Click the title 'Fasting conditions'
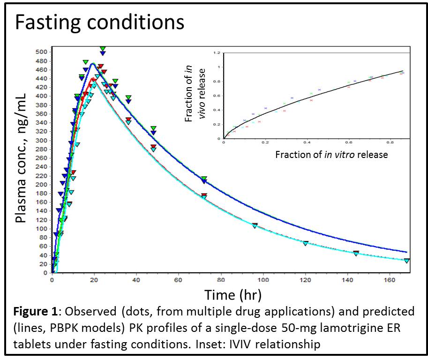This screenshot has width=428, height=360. coord(99,22)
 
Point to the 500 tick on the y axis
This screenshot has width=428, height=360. coord(42,52)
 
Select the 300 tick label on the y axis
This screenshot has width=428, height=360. coord(42,140)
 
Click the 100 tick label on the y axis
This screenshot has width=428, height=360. coord(42,229)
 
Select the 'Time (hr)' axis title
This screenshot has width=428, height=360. coord(233,295)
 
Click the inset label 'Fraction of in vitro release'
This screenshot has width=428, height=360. coord(331,154)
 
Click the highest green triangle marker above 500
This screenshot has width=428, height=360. coord(103,49)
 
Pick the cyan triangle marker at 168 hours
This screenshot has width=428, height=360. coord(406,261)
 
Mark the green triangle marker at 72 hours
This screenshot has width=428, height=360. coord(204,179)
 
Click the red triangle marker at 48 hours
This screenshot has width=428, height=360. coord(153,147)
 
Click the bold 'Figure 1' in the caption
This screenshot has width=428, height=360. coord(35,312)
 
